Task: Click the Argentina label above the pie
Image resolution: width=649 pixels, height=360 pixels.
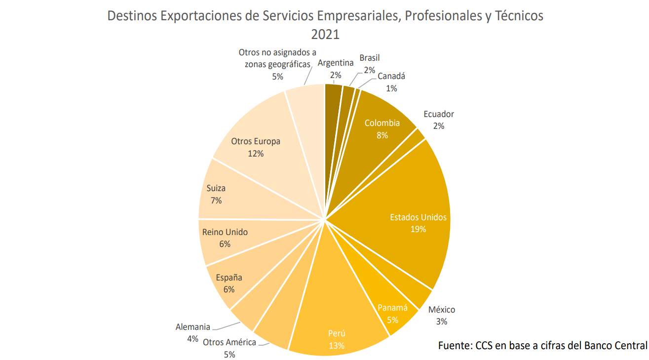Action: (x=336, y=63)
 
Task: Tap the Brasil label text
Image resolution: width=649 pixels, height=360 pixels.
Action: (x=370, y=58)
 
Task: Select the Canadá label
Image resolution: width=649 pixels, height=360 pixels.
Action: (x=391, y=76)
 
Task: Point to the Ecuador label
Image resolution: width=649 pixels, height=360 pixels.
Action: (x=439, y=114)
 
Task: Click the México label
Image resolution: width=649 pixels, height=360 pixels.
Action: (x=442, y=310)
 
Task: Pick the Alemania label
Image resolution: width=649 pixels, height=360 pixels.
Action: (x=193, y=327)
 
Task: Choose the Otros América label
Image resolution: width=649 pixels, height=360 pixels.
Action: (x=229, y=342)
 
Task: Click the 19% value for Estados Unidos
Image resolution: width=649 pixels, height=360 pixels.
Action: (x=418, y=229)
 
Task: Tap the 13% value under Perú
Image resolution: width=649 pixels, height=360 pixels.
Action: (x=337, y=346)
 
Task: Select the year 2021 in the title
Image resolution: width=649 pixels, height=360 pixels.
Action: (x=325, y=35)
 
